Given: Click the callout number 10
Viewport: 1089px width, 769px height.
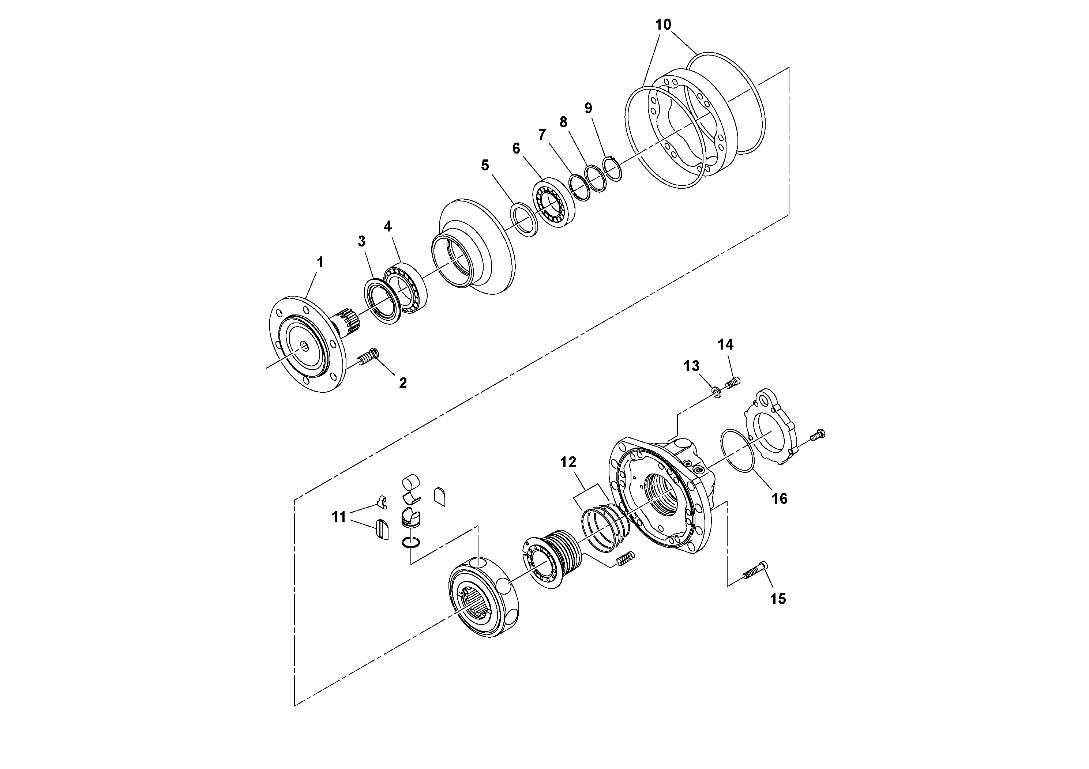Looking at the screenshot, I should click(x=663, y=24).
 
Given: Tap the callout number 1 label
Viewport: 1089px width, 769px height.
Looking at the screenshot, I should click(x=320, y=262).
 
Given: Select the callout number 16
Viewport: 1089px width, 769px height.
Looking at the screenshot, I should click(x=779, y=498).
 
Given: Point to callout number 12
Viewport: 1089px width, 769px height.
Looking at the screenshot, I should click(x=568, y=462).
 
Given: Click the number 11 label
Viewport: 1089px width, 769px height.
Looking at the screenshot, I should click(x=339, y=517).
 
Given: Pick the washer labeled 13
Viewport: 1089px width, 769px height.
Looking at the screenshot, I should click(x=717, y=392).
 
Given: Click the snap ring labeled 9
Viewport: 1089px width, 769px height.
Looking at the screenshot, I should click(x=612, y=168).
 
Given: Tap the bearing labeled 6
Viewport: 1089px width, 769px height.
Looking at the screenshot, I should click(x=553, y=203).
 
